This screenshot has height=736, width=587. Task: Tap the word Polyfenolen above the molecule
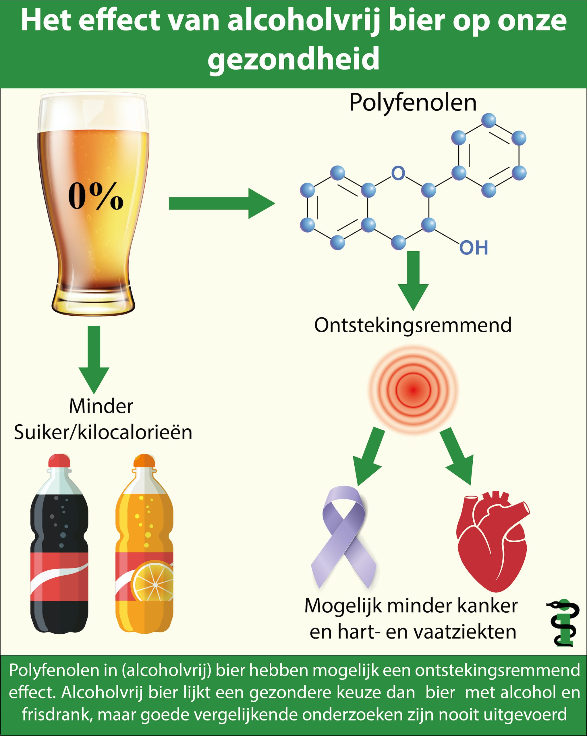[413, 102]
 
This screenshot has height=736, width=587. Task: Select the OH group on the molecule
[474, 248]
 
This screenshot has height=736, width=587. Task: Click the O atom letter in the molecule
[398, 173]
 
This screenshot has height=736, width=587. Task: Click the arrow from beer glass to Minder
[94, 359]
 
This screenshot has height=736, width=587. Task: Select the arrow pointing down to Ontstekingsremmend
[413, 280]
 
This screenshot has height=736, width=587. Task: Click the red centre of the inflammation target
[413, 390]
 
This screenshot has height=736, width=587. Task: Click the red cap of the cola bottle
[59, 461]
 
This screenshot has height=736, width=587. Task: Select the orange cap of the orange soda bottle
[144, 461]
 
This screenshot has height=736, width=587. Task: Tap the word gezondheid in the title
[293, 59]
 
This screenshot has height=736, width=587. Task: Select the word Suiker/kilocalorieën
[103, 432]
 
